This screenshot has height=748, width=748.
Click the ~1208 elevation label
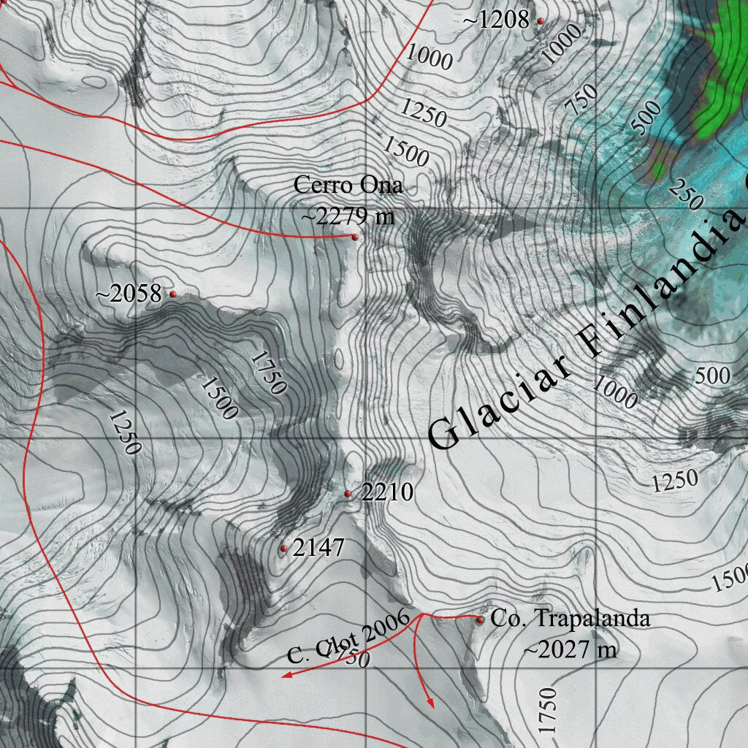[x=496, y=20]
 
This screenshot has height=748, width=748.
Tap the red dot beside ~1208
[x=541, y=21]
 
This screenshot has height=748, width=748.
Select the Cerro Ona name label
[x=348, y=185]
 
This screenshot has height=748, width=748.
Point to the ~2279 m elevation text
[x=347, y=216]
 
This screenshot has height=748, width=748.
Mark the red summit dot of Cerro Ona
[x=355, y=237]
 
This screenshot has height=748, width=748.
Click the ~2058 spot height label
[x=129, y=294]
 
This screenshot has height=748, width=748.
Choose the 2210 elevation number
[x=387, y=492]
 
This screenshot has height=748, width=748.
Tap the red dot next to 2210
[x=348, y=495]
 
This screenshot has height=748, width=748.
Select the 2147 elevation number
[x=318, y=547]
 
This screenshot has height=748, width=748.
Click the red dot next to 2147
[x=283, y=548]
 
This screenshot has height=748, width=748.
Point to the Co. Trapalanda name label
[x=570, y=619]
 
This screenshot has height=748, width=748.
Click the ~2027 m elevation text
[x=570, y=648]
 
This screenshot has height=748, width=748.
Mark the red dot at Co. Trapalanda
[x=480, y=620]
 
